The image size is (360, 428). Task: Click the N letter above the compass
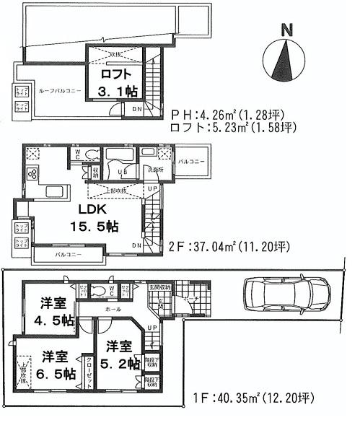287,30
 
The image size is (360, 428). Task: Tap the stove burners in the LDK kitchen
32,173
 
